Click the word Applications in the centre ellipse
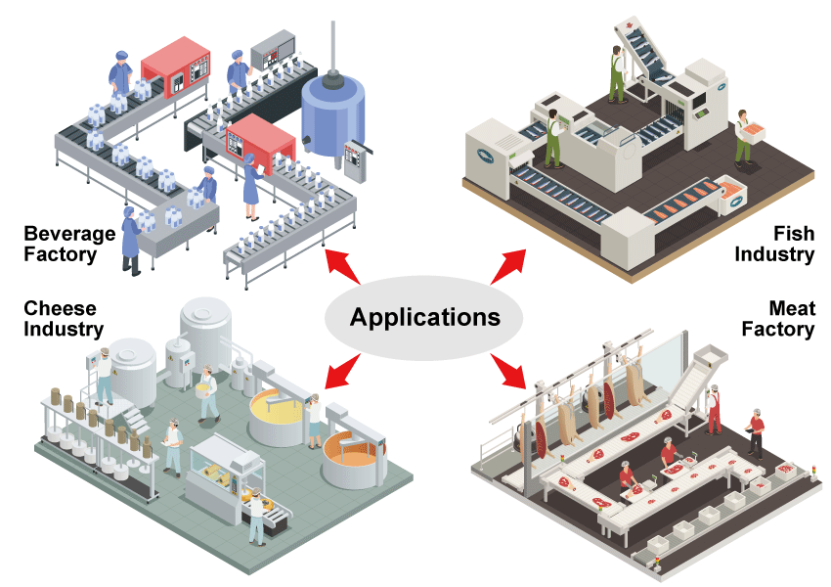tap(424, 317)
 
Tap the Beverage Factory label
tap(61, 245)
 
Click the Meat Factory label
tap(778, 319)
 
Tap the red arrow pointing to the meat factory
tap(507, 370)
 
